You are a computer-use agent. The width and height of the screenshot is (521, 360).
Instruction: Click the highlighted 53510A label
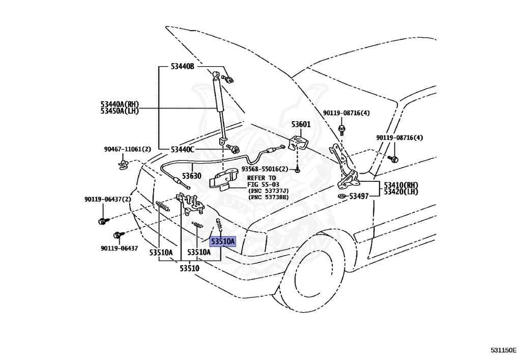(x=223, y=241)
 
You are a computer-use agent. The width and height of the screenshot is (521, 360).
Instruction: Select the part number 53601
(x=301, y=124)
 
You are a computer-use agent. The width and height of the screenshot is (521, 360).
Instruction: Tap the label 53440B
(x=182, y=67)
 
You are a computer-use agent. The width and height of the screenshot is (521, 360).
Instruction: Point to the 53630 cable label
(x=191, y=176)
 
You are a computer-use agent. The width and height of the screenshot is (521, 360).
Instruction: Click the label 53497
(x=359, y=197)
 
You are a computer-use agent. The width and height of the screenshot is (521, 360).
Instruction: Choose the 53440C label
(x=182, y=150)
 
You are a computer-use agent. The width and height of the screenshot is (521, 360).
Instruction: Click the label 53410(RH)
(x=401, y=185)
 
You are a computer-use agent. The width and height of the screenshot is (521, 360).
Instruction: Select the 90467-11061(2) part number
(x=128, y=149)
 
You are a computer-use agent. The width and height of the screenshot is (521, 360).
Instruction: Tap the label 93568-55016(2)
(x=265, y=169)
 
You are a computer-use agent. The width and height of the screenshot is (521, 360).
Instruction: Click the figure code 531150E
(x=504, y=350)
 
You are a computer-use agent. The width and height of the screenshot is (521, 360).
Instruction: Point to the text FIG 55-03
(x=263, y=184)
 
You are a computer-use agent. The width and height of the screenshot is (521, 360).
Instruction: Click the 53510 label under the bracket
(x=190, y=268)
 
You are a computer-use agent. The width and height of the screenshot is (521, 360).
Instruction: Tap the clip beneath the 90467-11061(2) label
(x=124, y=164)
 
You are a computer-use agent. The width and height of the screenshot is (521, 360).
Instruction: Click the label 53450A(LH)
(x=120, y=111)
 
